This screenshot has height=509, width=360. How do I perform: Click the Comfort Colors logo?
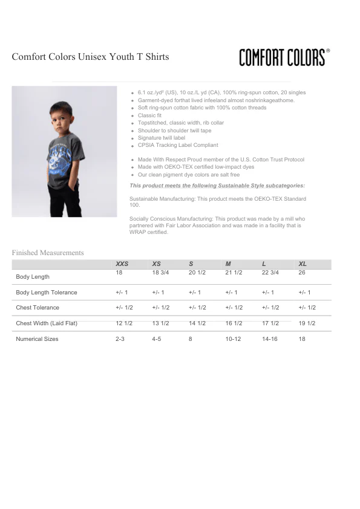[284, 57]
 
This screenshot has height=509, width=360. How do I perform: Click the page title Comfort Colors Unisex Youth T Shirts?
[90, 57]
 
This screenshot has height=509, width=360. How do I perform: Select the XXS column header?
[122, 264]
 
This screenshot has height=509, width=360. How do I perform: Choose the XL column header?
[303, 264]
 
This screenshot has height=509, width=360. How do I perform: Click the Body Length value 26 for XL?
[302, 273]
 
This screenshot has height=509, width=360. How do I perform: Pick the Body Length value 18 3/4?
[160, 273]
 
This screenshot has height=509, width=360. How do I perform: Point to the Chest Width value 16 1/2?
[234, 323]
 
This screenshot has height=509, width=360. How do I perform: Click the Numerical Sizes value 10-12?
[233, 339]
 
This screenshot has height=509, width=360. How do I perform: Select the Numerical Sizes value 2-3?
[120, 339]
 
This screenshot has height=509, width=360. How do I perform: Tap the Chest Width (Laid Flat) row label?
[47, 323]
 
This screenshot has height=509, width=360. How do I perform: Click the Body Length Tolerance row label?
[47, 293]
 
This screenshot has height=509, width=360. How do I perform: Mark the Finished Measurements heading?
[48, 253]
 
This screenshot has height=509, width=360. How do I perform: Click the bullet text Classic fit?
[149, 115]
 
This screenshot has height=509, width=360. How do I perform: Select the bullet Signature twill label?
[162, 138]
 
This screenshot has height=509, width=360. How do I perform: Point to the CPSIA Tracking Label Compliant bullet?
[178, 145]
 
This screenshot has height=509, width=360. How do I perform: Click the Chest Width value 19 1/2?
[307, 323]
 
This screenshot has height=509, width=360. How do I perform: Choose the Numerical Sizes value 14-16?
[270, 339]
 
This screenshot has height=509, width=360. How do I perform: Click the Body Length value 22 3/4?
[270, 273]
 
